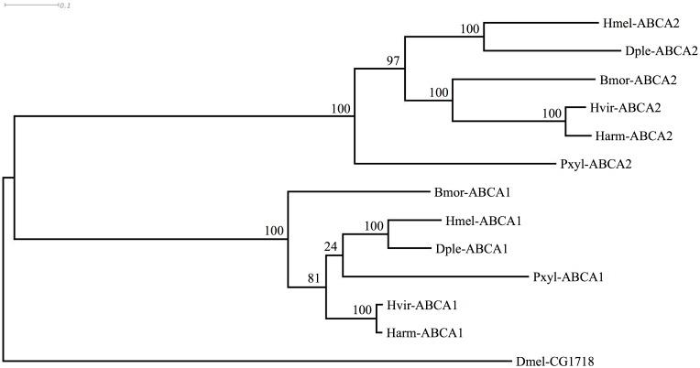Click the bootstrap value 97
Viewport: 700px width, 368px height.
click(394, 62)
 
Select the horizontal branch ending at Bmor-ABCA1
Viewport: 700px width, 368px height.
click(357, 191)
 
